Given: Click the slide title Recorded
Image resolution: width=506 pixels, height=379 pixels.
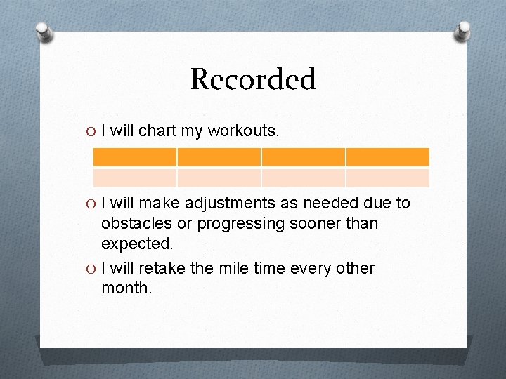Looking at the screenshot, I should point(253,79).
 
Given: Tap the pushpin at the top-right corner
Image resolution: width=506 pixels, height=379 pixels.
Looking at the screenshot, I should point(464,30).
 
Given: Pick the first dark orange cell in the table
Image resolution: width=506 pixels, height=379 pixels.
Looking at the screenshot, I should point(135,157).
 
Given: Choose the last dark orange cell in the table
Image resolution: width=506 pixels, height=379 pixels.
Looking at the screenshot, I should point(387,157).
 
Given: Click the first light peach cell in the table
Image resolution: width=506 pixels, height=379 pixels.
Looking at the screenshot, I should point(135,178).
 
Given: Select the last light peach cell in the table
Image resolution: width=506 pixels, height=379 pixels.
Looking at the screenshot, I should point(387,178).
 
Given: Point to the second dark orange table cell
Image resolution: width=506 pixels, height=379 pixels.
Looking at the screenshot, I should point(219,157).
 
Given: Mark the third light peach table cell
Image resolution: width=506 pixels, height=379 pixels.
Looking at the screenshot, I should point(303,178).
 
